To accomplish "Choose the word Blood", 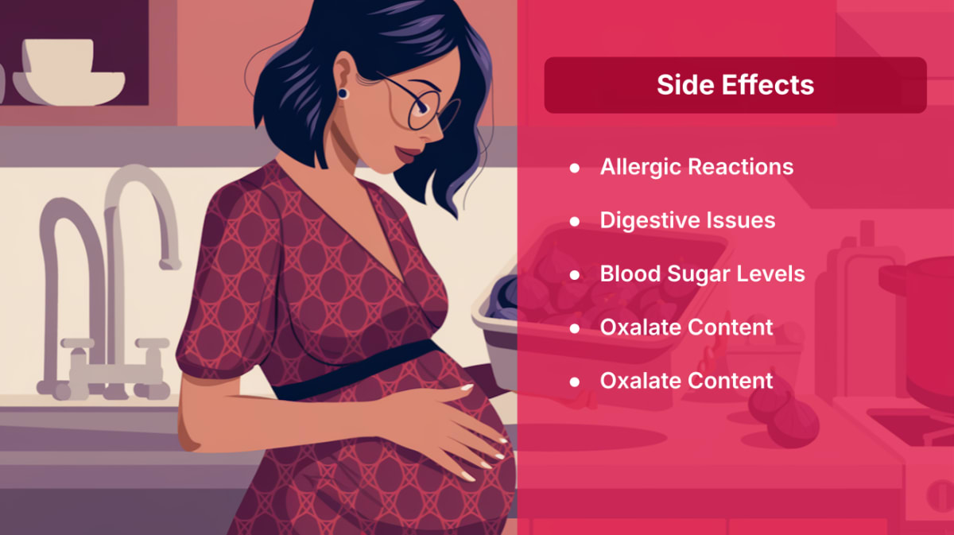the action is (630, 273).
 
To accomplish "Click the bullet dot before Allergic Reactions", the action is (575, 168).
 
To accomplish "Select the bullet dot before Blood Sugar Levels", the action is (575, 275).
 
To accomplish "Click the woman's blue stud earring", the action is (343, 93).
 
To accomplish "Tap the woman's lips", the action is (408, 153).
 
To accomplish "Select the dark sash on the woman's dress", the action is (358, 370).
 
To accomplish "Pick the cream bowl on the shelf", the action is (69, 72).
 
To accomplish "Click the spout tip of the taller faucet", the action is (170, 265).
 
